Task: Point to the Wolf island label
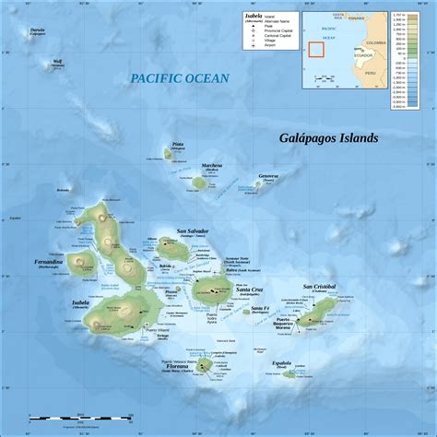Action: click(x=58, y=63)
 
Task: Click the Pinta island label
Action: click(x=178, y=144)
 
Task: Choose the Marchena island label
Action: click(x=212, y=166)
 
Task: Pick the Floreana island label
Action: click(x=179, y=366)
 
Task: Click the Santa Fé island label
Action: click(x=259, y=307)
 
